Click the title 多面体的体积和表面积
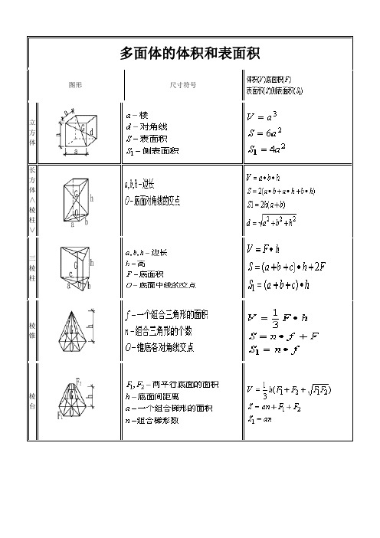click(190, 53)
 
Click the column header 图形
click(76, 84)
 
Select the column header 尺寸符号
click(182, 84)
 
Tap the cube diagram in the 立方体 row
click(77, 132)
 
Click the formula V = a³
click(261, 116)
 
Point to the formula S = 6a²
click(264, 131)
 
